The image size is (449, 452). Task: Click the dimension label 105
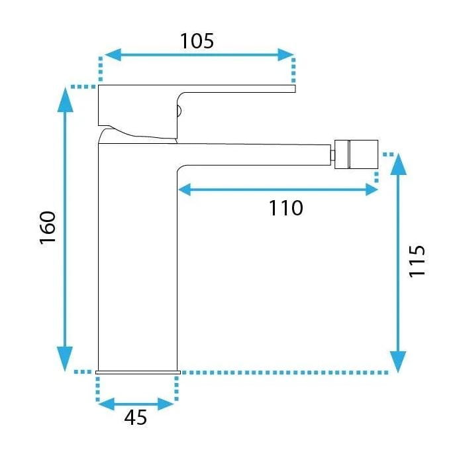point(197,41)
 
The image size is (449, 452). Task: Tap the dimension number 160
point(48,228)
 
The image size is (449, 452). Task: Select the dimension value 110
point(285,208)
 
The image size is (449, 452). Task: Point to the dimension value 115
point(417,261)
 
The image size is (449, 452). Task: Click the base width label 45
point(136,417)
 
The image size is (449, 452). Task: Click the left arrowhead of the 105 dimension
point(113,55)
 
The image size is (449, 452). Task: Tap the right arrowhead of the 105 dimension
point(285,55)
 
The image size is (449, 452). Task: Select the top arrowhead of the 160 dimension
point(65,99)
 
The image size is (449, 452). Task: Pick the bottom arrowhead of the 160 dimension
point(65,359)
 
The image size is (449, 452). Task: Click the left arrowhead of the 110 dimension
point(185,190)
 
